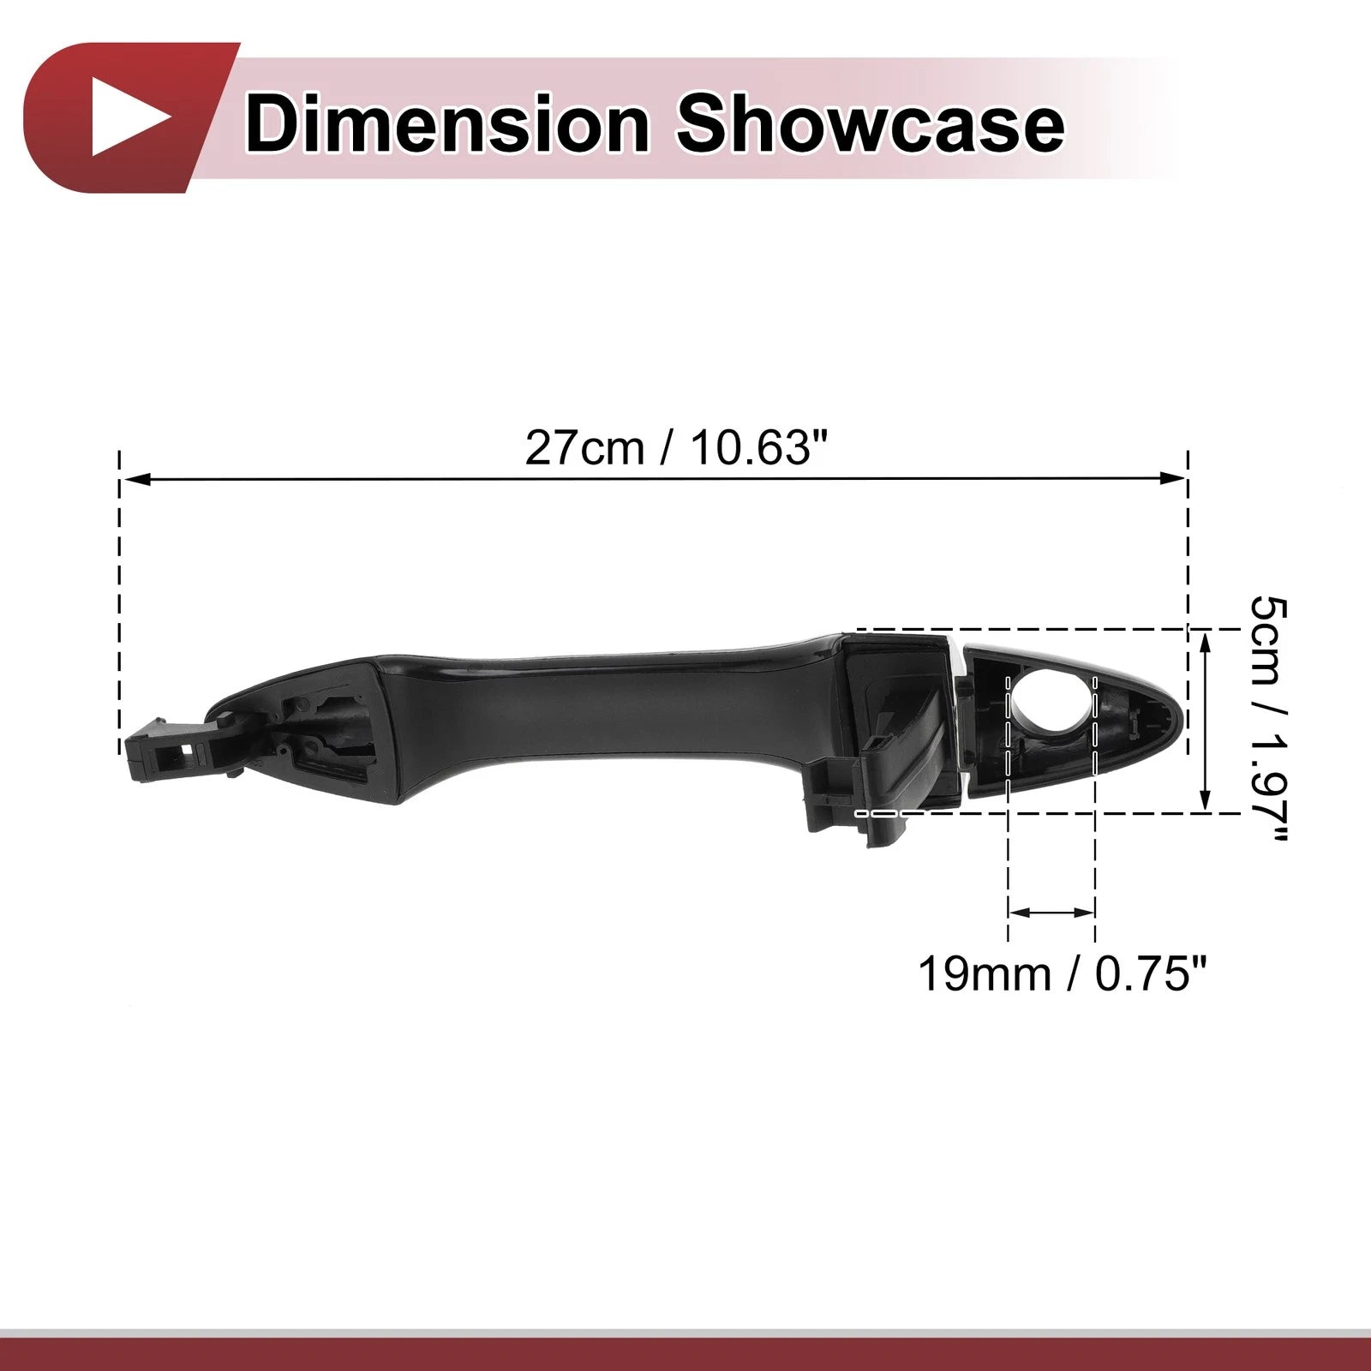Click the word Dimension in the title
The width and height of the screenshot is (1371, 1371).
point(447,125)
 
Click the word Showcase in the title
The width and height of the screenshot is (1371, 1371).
point(871,125)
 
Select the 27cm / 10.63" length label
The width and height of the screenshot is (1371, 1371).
point(678,447)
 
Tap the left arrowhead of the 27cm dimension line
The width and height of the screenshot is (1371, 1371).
point(135,479)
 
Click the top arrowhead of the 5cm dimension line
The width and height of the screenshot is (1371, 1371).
point(1206,641)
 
